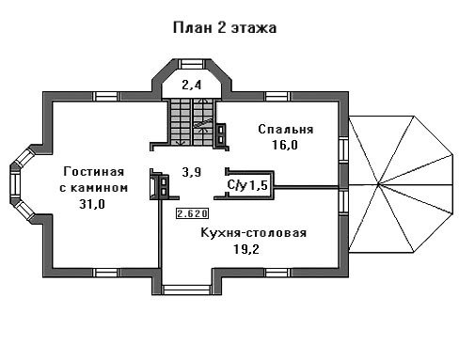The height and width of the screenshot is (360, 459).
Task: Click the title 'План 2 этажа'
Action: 225,27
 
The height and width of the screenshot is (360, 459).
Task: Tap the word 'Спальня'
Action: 286,129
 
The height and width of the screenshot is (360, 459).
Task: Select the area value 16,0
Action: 285,145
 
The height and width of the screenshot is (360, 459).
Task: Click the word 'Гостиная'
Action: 94,171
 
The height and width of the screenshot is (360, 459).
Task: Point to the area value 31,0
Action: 92,204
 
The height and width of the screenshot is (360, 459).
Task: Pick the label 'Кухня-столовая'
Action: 253,233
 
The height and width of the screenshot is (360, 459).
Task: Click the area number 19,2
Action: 246,249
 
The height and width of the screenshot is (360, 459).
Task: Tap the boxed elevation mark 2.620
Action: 192,213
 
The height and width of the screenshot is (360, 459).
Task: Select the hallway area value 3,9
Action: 192,172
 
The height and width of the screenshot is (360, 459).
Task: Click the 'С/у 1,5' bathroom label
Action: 247,185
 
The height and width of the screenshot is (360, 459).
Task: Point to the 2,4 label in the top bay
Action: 192,85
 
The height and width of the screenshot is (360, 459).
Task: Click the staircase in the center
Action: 192,122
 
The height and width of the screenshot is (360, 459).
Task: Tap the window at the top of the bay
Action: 192,64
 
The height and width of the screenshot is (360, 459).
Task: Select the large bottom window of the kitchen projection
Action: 186,290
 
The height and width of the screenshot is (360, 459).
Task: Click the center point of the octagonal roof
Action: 379,184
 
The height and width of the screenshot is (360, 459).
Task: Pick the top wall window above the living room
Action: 106,96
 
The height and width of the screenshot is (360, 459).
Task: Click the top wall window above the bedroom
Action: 277,96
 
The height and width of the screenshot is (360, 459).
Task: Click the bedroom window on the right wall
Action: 343,149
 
